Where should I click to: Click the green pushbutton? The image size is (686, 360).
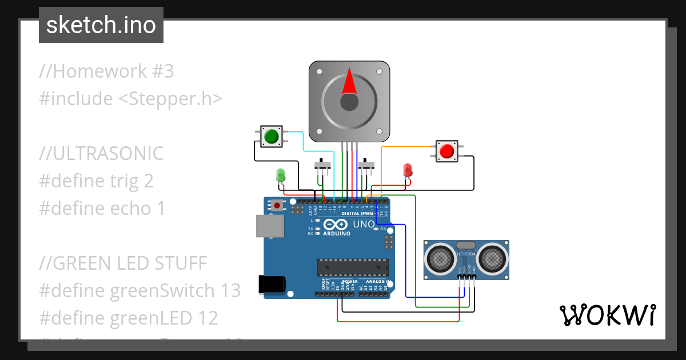270,137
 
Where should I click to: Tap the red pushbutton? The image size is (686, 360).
446,151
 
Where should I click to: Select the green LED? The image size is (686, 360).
281,175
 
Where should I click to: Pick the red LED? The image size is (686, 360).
408,170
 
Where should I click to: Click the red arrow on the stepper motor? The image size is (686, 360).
349,82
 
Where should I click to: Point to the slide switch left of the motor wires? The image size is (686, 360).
323,165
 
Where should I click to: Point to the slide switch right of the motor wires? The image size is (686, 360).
366,165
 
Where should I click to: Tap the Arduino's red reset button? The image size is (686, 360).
277,205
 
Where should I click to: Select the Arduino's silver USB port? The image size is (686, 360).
268,226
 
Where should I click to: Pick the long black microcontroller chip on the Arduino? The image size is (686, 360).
353,267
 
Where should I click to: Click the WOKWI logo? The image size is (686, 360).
607,315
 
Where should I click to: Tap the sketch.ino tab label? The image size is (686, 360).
101,25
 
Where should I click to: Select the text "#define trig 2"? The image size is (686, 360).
96,181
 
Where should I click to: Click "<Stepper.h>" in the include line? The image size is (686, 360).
170,98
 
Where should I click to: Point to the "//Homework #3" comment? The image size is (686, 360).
106,71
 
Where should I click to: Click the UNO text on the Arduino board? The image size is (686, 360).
364,224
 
